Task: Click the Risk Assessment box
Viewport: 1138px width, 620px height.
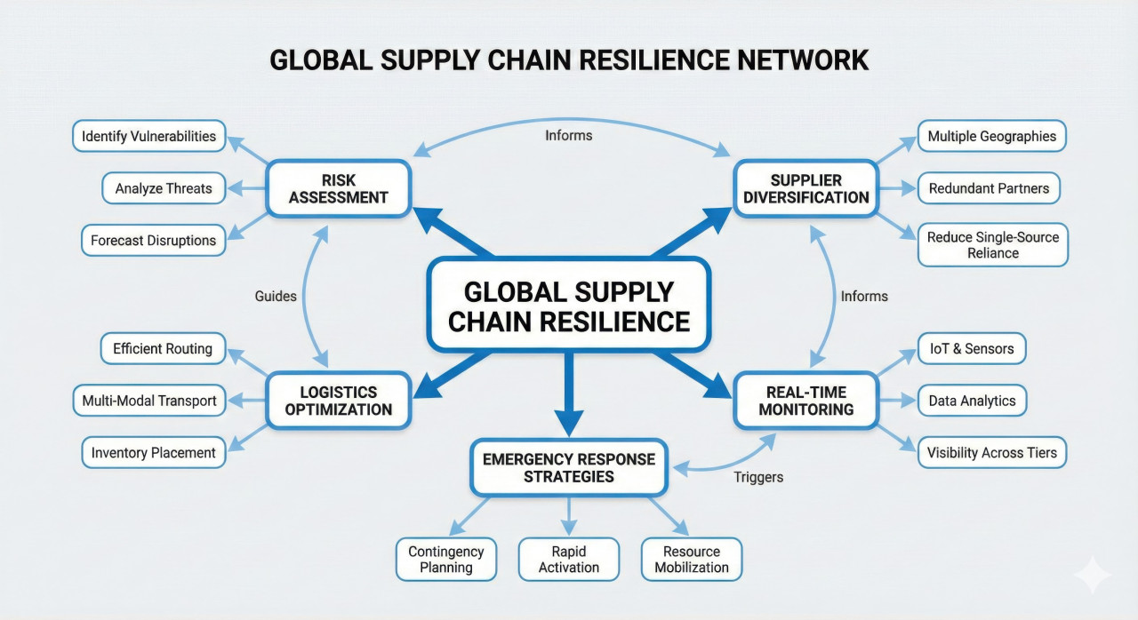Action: (x=339, y=188)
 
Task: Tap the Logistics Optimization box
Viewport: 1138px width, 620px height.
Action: (x=339, y=401)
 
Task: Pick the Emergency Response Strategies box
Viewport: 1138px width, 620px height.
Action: (x=569, y=468)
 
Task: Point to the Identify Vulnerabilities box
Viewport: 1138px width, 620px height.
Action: (x=148, y=137)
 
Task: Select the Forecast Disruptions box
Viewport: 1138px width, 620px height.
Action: (x=153, y=241)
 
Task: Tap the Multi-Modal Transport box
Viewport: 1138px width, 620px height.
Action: (x=148, y=401)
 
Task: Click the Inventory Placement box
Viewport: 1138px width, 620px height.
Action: (x=153, y=453)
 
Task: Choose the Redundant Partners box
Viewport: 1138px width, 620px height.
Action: (x=989, y=188)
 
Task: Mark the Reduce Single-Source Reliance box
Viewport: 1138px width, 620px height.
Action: (x=992, y=245)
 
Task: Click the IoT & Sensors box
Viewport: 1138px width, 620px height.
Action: (x=972, y=349)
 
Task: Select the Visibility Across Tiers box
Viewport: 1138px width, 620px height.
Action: (x=991, y=453)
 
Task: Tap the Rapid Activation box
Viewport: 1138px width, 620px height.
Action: (x=569, y=560)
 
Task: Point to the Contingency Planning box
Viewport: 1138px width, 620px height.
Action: (x=446, y=560)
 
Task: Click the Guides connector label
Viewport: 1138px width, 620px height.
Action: (x=276, y=296)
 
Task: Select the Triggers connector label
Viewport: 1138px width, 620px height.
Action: (x=758, y=477)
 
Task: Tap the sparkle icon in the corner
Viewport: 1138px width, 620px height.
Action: (x=1092, y=575)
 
